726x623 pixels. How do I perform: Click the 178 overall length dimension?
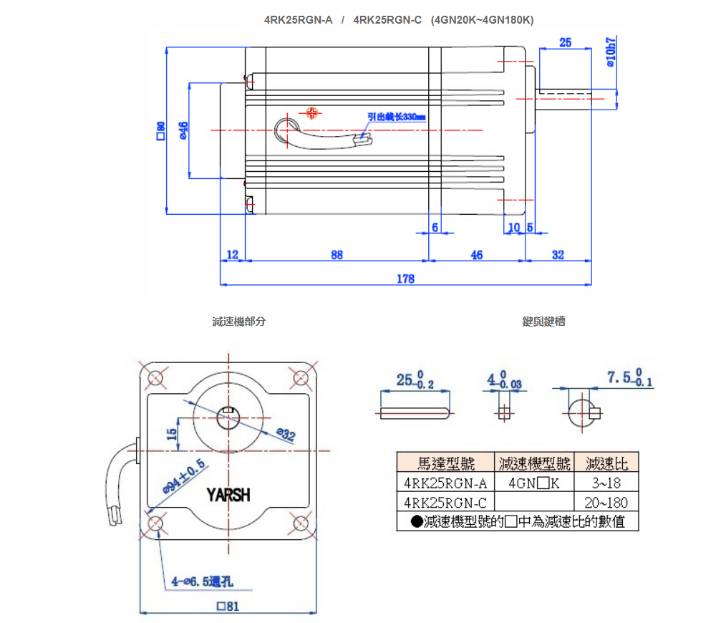(405, 279)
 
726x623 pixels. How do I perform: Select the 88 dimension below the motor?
(337, 255)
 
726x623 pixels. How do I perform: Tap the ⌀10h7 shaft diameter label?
(610, 52)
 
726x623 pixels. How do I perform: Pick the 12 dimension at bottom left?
(232, 255)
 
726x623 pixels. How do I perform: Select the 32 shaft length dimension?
(558, 255)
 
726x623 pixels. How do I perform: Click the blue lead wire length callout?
(396, 117)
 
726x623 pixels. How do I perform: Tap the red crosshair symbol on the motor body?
(311, 112)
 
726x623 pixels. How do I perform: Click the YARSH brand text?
(228, 495)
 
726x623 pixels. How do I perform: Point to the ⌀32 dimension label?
(285, 434)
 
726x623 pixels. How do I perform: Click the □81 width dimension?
(228, 606)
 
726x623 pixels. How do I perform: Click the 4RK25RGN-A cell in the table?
(445, 482)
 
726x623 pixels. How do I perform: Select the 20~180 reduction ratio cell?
(606, 502)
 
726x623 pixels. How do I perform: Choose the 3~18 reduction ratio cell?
(606, 482)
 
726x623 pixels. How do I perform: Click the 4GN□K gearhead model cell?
(534, 482)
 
